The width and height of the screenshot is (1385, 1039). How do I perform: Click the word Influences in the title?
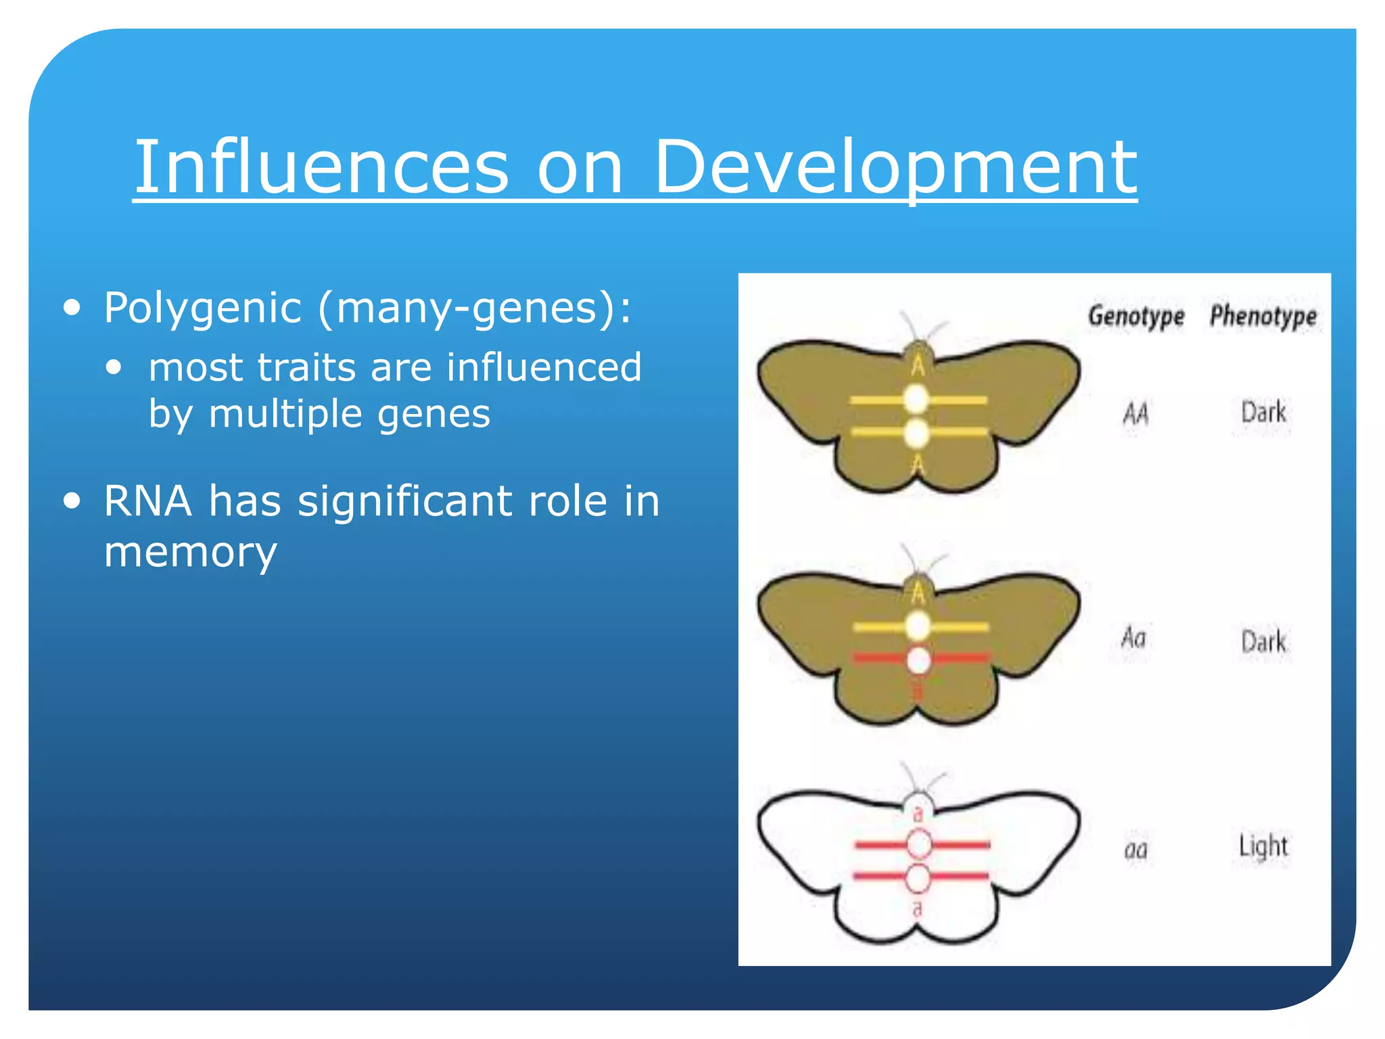point(321,166)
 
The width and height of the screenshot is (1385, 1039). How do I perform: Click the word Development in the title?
point(895,166)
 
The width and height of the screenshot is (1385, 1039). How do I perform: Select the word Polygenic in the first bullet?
point(202,308)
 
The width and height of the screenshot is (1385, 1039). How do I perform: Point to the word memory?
point(190,551)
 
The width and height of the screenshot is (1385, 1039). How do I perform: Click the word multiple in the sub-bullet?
point(285,413)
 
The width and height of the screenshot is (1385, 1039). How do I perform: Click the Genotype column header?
point(1135,316)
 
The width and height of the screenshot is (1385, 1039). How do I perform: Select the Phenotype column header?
point(1263,316)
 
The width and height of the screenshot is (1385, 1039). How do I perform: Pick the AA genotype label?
point(1135,413)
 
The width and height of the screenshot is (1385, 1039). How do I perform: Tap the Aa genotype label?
point(1134,638)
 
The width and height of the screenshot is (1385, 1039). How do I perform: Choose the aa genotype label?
point(1135,849)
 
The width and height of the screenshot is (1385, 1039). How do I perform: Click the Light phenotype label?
point(1263,846)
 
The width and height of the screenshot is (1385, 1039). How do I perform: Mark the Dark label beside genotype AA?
point(1263,412)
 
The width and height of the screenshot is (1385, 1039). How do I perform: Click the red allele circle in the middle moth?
point(918,660)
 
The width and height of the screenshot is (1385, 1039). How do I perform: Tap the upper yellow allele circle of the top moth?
point(916,399)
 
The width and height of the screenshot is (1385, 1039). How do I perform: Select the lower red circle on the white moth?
point(918,878)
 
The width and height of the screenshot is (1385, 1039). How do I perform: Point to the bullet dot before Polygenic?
point(72,308)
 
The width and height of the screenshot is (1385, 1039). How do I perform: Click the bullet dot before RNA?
point(72,501)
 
